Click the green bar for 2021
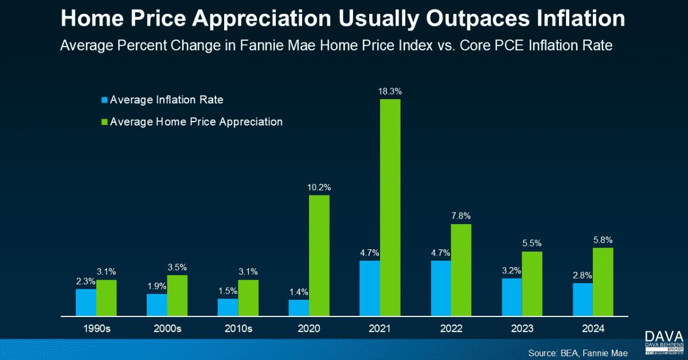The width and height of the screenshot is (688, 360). (390, 208)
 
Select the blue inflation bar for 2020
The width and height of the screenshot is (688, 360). (299, 308)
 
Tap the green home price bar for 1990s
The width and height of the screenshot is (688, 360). (106, 298)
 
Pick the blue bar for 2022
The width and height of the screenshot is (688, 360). (440, 288)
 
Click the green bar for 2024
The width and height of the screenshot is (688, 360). (603, 281)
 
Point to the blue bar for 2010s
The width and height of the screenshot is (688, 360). (228, 307)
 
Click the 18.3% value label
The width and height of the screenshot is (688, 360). (390, 90)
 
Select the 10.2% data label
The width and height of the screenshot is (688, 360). (319, 187)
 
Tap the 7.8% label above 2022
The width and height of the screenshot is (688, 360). (461, 216)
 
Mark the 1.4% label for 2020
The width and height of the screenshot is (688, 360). (299, 291)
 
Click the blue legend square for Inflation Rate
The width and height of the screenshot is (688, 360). (104, 100)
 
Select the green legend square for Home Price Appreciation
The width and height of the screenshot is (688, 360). (104, 122)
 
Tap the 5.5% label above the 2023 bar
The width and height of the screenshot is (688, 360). (532, 243)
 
